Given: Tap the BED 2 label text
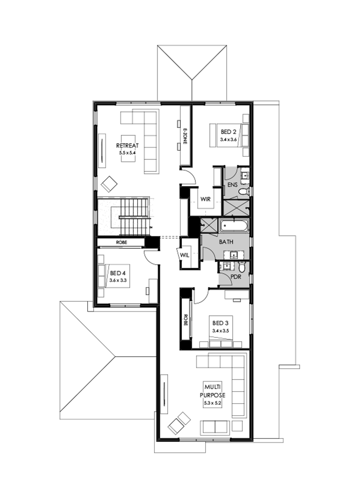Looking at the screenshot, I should tap(228, 132).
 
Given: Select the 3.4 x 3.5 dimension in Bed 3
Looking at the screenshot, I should tap(220, 330).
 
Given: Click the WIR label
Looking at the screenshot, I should tap(206, 199).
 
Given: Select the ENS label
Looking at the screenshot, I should tap(233, 185).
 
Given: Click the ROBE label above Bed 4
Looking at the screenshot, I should tap(122, 242).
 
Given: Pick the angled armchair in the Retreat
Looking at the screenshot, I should tap(109, 184).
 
